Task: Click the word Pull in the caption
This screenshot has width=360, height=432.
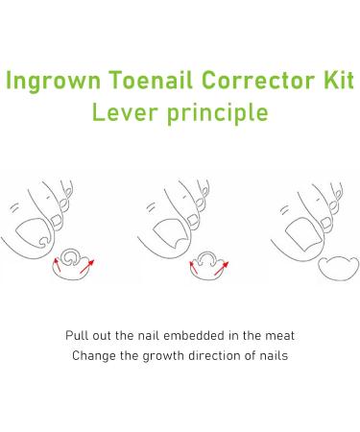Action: click(77, 336)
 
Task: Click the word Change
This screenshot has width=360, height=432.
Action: click(93, 356)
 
